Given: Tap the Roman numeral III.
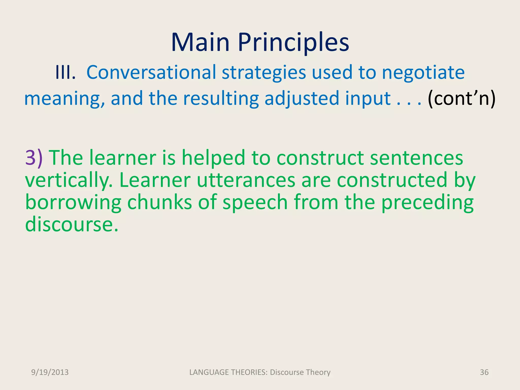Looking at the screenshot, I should pyautogui.click(x=65, y=73).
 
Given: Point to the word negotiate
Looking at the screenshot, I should pyautogui.click(x=423, y=73).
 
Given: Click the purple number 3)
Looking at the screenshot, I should pyautogui.click(x=34, y=158).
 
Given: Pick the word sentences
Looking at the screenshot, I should pyautogui.click(x=416, y=158).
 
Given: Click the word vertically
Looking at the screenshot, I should pyautogui.click(x=69, y=180).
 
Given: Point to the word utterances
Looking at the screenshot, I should pyautogui.click(x=246, y=180).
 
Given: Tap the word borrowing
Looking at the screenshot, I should pyautogui.click(x=73, y=203).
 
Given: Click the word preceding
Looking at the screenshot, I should pyautogui.click(x=427, y=203).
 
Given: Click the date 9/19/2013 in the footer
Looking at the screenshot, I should pyautogui.click(x=50, y=372).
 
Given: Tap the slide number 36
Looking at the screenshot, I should pyautogui.click(x=484, y=372).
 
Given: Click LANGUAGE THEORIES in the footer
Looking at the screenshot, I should pyautogui.click(x=228, y=372).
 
